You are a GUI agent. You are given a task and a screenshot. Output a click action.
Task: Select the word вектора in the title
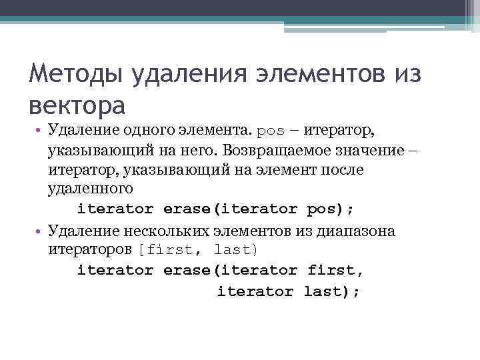pyautogui.click(x=77, y=105)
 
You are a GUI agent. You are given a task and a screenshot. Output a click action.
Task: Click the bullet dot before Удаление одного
pyautogui.click(x=41, y=129)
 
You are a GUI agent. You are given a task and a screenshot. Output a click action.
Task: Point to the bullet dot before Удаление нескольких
pyautogui.click(x=41, y=231)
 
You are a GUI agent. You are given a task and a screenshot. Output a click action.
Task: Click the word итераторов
pyautogui.click(x=91, y=250)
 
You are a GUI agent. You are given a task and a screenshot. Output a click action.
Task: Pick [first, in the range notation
pyautogui.click(x=170, y=250)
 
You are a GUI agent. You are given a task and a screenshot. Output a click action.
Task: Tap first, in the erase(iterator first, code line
pyautogui.click(x=336, y=270)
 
